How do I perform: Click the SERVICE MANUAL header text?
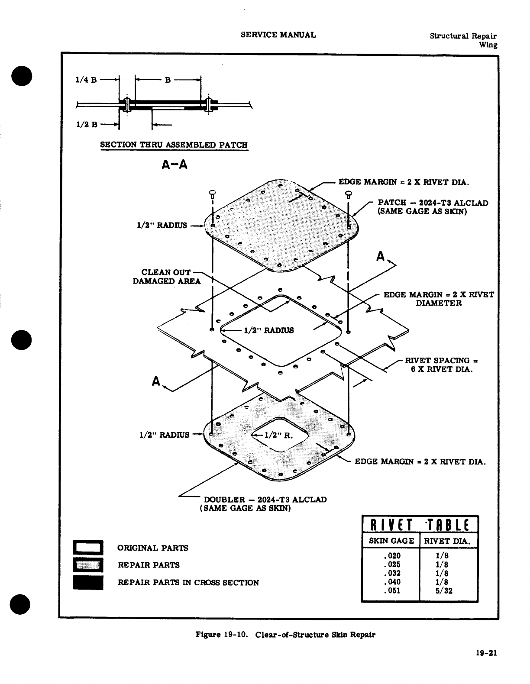click(x=278, y=35)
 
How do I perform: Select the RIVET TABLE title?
click(x=419, y=525)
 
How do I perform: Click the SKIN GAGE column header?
click(x=391, y=541)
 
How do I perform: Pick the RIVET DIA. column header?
click(x=448, y=541)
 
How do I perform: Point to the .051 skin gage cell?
click(x=392, y=590)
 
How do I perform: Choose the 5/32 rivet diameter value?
click(x=445, y=590)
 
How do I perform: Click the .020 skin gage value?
click(x=392, y=556)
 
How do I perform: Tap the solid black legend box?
click(x=88, y=582)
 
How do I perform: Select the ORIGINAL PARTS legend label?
click(x=153, y=548)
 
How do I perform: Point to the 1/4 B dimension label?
click(x=86, y=79)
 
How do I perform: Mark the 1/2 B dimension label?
click(x=86, y=125)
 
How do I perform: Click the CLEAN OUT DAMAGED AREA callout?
click(x=167, y=277)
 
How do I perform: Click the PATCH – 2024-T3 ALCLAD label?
click(x=433, y=203)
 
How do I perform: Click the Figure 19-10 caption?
click(x=285, y=635)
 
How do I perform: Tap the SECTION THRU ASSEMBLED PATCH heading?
click(x=174, y=145)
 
